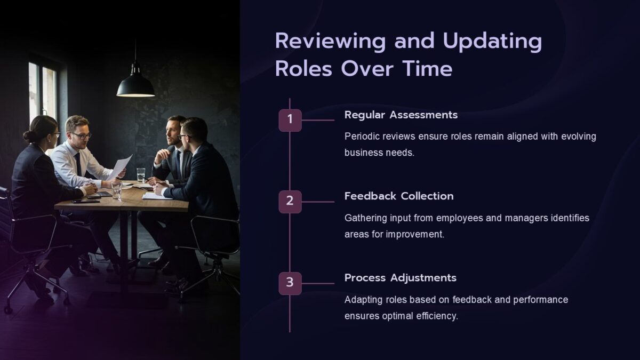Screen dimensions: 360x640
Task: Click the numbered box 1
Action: pyautogui.click(x=290, y=120)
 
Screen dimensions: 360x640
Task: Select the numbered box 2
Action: pyautogui.click(x=290, y=202)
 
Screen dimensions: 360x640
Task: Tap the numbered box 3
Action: pyautogui.click(x=290, y=283)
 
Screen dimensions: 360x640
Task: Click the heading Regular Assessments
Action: pyautogui.click(x=401, y=115)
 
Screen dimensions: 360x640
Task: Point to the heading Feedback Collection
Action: pyautogui.click(x=399, y=196)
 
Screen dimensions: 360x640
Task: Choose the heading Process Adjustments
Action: pyautogui.click(x=400, y=278)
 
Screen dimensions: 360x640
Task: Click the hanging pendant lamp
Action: pyautogui.click(x=135, y=85)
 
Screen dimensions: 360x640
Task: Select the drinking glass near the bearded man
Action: pyautogui.click(x=140, y=175)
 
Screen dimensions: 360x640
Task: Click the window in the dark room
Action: pyautogui.click(x=43, y=93)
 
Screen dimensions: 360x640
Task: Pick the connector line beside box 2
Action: pyautogui.click(x=318, y=202)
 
